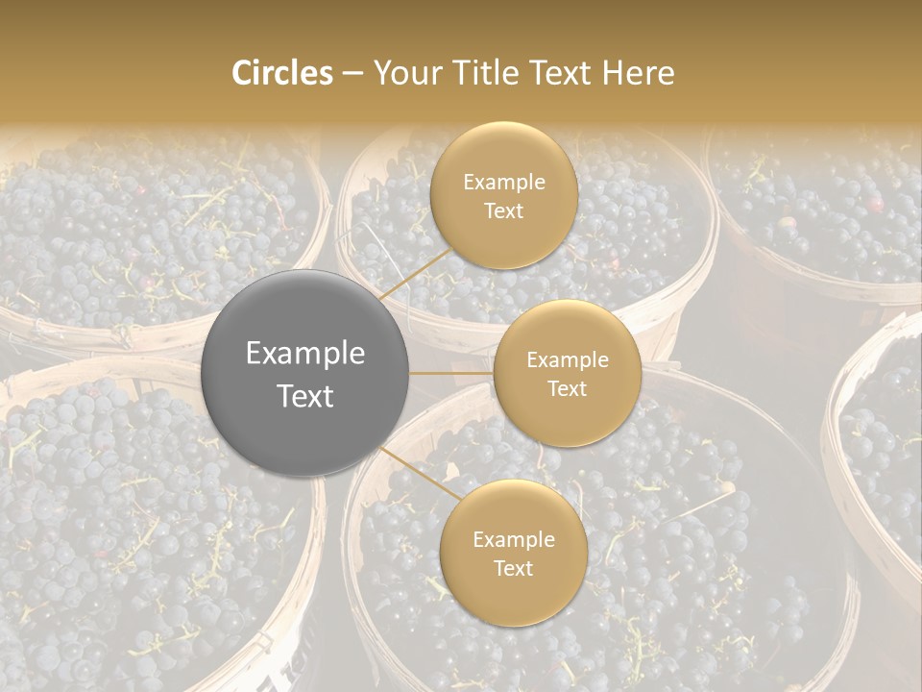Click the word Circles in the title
[x=281, y=73]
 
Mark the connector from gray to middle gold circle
[x=451, y=373]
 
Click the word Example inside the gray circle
[x=305, y=354]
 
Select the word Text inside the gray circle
[x=305, y=396]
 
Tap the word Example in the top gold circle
[x=503, y=183]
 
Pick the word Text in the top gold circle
[x=503, y=211]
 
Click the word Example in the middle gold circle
[x=568, y=360]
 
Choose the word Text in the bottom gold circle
[x=513, y=568]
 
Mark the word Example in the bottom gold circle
[x=513, y=540]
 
